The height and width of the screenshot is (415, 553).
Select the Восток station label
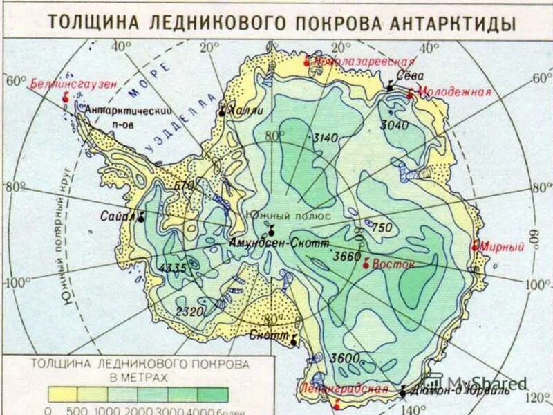(x=393, y=264)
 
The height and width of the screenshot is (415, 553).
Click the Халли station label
(x=246, y=109)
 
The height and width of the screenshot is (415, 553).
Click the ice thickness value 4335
(x=174, y=268)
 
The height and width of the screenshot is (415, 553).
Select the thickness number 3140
(x=325, y=138)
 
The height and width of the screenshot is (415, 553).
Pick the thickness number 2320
(x=189, y=311)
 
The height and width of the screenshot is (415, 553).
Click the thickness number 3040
(x=394, y=125)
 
